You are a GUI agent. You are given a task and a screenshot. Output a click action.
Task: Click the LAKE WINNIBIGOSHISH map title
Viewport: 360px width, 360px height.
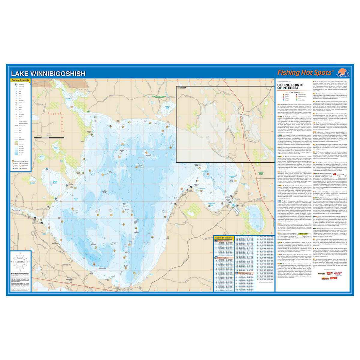(x=48, y=73)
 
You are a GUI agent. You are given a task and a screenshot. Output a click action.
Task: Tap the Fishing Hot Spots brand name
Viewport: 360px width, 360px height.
(x=305, y=73)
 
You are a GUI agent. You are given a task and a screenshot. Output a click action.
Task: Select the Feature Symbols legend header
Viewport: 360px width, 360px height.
(x=20, y=80)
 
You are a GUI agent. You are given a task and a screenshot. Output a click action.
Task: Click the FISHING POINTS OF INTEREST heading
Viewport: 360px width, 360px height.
(x=290, y=86)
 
